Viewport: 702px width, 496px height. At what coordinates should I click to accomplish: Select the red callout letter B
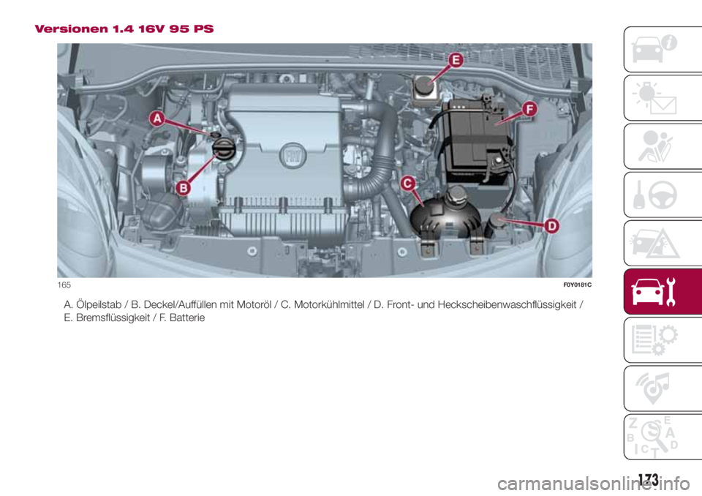[183, 188]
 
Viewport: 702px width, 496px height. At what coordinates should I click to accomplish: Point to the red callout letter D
[552, 226]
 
